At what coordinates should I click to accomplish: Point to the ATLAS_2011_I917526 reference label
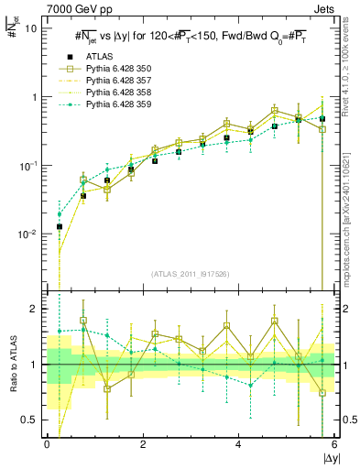pyautogui.click(x=190, y=274)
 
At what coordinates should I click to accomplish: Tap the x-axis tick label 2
pyautogui.click(x=143, y=445)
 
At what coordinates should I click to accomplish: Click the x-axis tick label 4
pyautogui.click(x=239, y=445)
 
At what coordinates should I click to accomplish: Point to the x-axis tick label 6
pyautogui.click(x=335, y=445)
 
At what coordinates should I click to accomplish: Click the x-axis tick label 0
pyautogui.click(x=47, y=445)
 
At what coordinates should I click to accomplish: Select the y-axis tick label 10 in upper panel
pyautogui.click(x=31, y=27)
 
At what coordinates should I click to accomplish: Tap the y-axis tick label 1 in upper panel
pyautogui.click(x=35, y=97)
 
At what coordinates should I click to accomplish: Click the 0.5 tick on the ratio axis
pyautogui.click(x=30, y=420)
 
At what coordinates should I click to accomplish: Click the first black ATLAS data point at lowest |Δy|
pyautogui.click(x=59, y=226)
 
